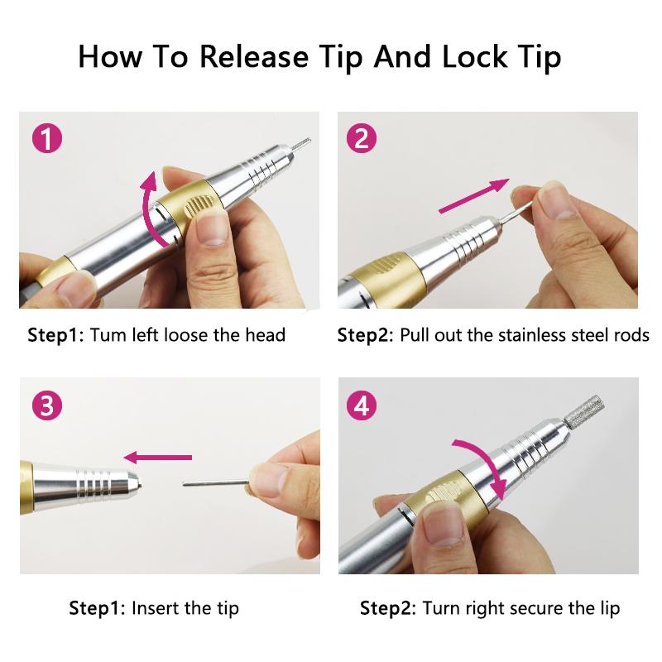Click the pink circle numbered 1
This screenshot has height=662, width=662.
pyautogui.click(x=47, y=138)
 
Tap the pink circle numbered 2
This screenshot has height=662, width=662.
pyautogui.click(x=362, y=138)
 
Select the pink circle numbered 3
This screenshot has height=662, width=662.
pyautogui.click(x=47, y=405)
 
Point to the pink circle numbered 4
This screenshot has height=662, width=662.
pyautogui.click(x=362, y=405)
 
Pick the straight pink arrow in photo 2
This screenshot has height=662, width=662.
pyautogui.click(x=474, y=196)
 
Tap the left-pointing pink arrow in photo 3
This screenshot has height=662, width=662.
pyautogui.click(x=157, y=458)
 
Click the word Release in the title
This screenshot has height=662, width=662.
pyautogui.click(x=254, y=56)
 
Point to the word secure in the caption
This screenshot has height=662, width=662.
pyautogui.click(x=536, y=608)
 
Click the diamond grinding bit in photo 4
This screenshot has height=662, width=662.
pyautogui.click(x=584, y=411)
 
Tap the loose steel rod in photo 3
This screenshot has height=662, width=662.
pyautogui.click(x=216, y=483)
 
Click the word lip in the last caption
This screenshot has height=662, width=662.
pyautogui.click(x=610, y=609)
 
